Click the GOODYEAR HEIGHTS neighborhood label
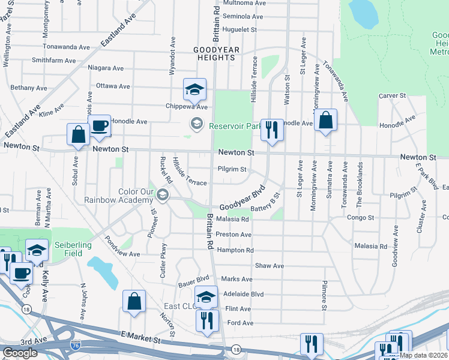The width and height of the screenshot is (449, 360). (214, 53)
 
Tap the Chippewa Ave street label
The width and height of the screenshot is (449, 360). (186, 107)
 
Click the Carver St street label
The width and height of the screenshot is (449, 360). (393, 95)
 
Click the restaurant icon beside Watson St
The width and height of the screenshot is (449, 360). (272, 130)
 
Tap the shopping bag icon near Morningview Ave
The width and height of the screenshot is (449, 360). (325, 120)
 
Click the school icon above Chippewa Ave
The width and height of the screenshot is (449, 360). (194, 89)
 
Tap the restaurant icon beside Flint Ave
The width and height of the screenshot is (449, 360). (208, 319)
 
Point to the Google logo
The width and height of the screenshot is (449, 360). (20, 353)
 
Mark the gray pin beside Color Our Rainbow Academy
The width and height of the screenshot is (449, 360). (162, 195)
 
